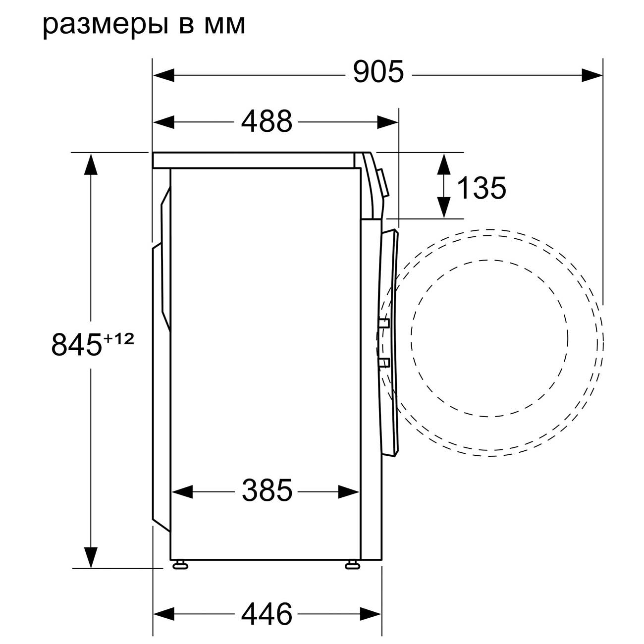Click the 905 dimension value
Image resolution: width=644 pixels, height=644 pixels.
378,71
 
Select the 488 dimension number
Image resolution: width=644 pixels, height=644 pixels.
267,121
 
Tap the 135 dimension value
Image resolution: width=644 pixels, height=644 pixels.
481,188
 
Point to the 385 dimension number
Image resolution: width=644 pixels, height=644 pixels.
267,490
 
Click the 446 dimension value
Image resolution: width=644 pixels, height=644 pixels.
267,605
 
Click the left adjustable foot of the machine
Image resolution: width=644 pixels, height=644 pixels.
180,565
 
